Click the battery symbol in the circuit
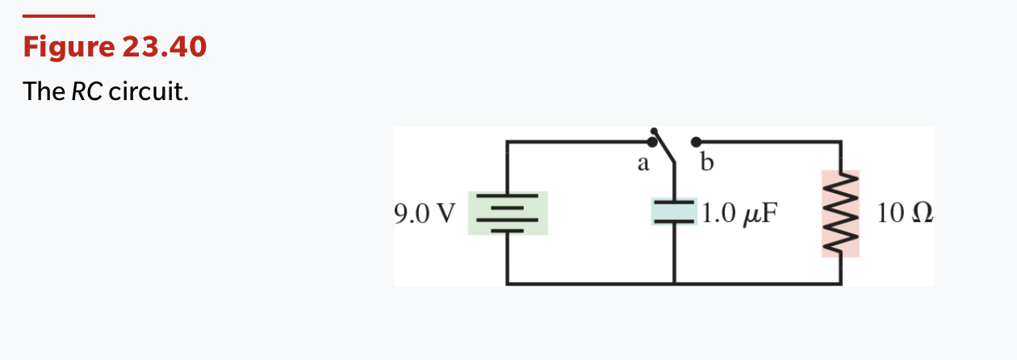(x=508, y=213)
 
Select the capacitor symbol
(x=674, y=211)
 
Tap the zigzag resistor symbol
(x=840, y=213)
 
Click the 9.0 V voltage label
(x=425, y=213)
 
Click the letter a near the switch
(x=642, y=164)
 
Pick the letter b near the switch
(x=708, y=164)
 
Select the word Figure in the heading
(x=69, y=48)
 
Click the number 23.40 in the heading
(x=165, y=48)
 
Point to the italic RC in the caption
(x=87, y=91)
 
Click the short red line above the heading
(x=58, y=16)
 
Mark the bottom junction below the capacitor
(x=674, y=283)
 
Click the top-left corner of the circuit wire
(x=508, y=142)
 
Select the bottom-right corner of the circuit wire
(x=841, y=283)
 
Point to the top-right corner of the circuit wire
(x=841, y=142)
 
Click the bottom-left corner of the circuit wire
(x=508, y=283)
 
